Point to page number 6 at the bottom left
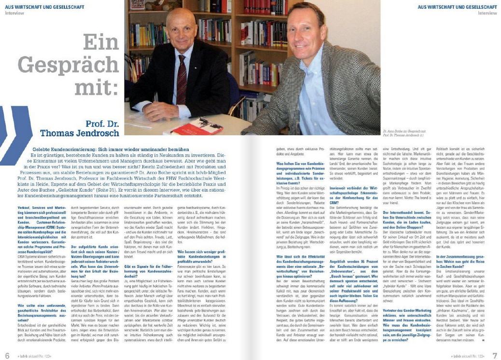(x=7, y=355)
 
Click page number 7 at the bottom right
(x=494, y=355)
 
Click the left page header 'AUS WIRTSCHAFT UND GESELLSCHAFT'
(x=44, y=7)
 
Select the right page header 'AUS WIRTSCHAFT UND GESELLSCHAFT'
(x=457, y=7)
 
